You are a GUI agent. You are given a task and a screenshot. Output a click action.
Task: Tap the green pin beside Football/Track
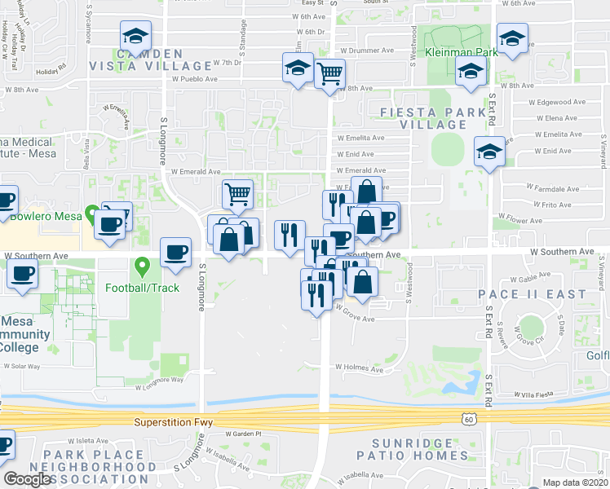pos(143,266)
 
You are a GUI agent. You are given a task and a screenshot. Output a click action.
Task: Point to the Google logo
pos(28,479)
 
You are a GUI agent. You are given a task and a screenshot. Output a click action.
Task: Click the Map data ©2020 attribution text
pos(575,482)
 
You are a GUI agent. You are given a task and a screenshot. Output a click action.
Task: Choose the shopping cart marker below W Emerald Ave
pos(237,194)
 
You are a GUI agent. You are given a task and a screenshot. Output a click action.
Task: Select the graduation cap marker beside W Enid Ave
pos(489,151)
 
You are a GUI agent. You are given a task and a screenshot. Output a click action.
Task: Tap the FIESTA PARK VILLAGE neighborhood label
pos(433,117)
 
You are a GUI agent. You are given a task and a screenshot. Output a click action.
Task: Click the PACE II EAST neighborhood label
pos(545,293)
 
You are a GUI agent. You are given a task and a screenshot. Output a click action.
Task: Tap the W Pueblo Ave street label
pos(195,80)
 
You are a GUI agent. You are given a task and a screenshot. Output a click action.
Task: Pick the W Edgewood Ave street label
pos(557,103)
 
